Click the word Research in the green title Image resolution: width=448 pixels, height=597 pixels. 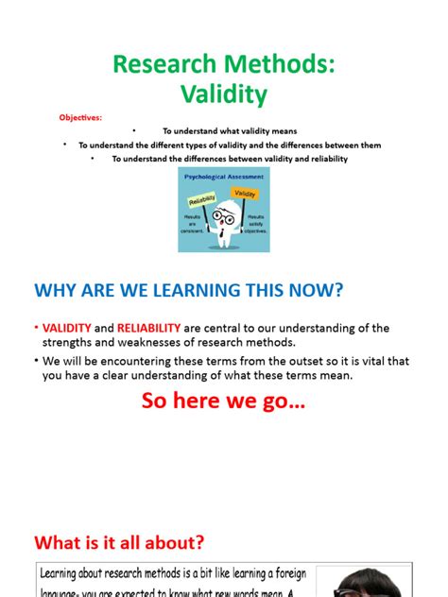[x=164, y=64]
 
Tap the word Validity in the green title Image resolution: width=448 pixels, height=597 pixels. [x=223, y=94]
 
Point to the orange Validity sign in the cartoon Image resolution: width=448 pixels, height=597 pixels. [x=245, y=194]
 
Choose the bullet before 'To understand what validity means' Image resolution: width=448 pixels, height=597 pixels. [x=134, y=130]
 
